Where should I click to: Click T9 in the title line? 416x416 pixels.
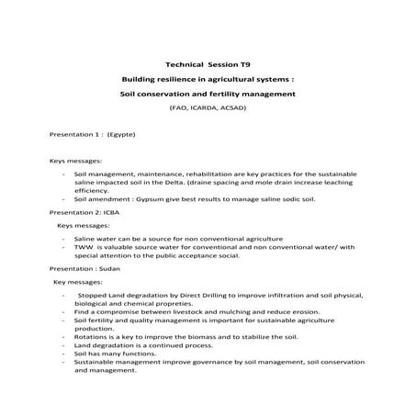(x=245, y=65)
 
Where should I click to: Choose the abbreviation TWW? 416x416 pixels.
(x=84, y=247)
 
